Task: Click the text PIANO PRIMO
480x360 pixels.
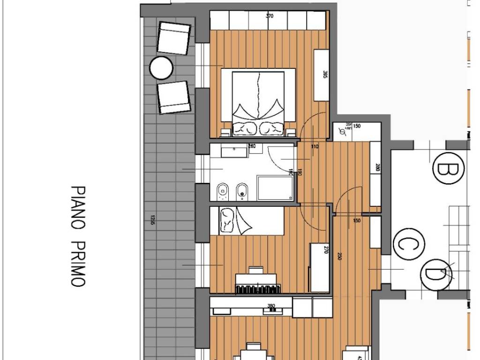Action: (78, 236)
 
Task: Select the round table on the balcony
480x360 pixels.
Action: (161, 68)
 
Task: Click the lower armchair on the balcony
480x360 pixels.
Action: (173, 97)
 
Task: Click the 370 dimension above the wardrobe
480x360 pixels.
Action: (269, 16)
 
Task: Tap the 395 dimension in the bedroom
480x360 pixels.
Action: (325, 75)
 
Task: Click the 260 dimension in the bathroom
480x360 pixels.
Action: (252, 147)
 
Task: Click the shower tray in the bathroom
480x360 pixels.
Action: (277, 188)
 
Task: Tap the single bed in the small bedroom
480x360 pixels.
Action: (247, 221)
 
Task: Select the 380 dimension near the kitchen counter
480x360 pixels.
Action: (270, 306)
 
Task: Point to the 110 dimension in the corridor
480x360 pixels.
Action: (314, 147)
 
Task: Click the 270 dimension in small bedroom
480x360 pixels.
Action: (326, 250)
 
